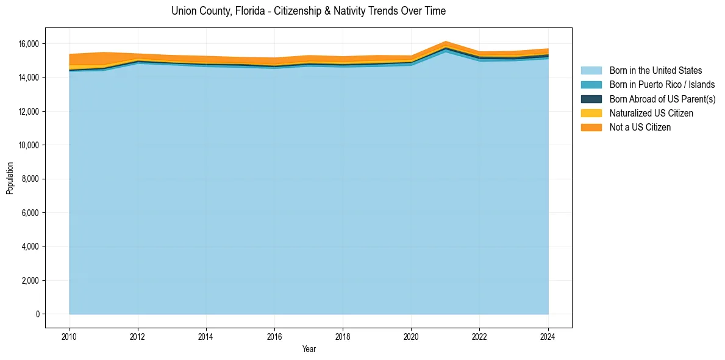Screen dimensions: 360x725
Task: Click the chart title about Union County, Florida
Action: point(309,11)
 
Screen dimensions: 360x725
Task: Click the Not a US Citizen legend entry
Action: point(640,127)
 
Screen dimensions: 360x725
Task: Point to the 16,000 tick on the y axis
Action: point(28,44)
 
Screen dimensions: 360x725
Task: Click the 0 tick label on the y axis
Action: point(37,314)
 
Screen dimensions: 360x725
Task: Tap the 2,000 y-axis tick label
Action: point(30,281)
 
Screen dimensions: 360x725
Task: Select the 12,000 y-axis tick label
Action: point(28,112)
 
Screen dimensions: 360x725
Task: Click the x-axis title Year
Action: point(309,349)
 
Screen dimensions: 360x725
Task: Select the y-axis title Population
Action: point(10,178)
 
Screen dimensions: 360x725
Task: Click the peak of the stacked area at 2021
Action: point(446,41)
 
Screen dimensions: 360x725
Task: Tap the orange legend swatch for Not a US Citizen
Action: point(591,127)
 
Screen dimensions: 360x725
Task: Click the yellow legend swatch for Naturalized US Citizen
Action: point(591,113)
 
